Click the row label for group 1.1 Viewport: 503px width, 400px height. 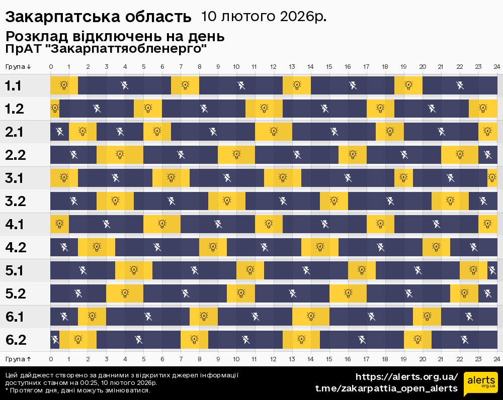13,86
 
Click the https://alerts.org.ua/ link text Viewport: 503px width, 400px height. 407,377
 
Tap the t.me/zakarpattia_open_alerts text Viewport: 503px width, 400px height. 386,388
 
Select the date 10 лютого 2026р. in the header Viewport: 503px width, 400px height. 264,17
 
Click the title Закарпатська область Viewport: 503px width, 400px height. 98,17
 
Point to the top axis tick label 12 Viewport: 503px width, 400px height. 273,67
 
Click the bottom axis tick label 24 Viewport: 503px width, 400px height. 496,359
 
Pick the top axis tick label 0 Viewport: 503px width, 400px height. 51,67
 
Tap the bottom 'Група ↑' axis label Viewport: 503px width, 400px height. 19,359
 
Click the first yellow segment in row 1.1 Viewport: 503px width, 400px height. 64,85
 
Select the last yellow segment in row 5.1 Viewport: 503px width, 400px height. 473,270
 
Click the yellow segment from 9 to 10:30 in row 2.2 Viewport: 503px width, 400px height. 236,155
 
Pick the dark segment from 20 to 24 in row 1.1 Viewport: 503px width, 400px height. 460,85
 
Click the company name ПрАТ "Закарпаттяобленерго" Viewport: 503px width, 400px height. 106,49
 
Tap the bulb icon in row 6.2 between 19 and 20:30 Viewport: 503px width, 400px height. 417,340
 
